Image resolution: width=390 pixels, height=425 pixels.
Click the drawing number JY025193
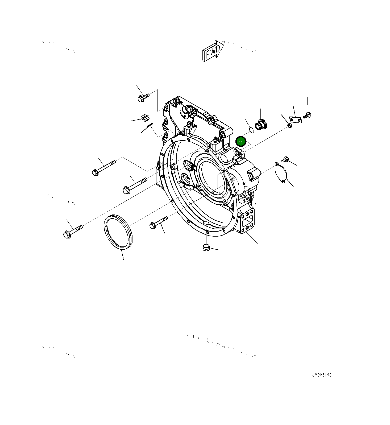click(x=322, y=375)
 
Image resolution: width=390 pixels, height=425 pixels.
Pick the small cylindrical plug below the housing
click(x=206, y=247)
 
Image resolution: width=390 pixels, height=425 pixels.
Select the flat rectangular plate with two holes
click(x=296, y=120)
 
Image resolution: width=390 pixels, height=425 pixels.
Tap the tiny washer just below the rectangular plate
click(x=290, y=125)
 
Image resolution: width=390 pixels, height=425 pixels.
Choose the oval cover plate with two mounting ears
click(x=281, y=173)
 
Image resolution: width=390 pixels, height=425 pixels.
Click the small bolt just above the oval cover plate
click(x=285, y=159)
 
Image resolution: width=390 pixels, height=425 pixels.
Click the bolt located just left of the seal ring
click(x=73, y=232)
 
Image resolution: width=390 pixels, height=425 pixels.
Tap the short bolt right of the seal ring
click(x=159, y=222)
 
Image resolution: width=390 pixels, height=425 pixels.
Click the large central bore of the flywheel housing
click(x=213, y=176)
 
